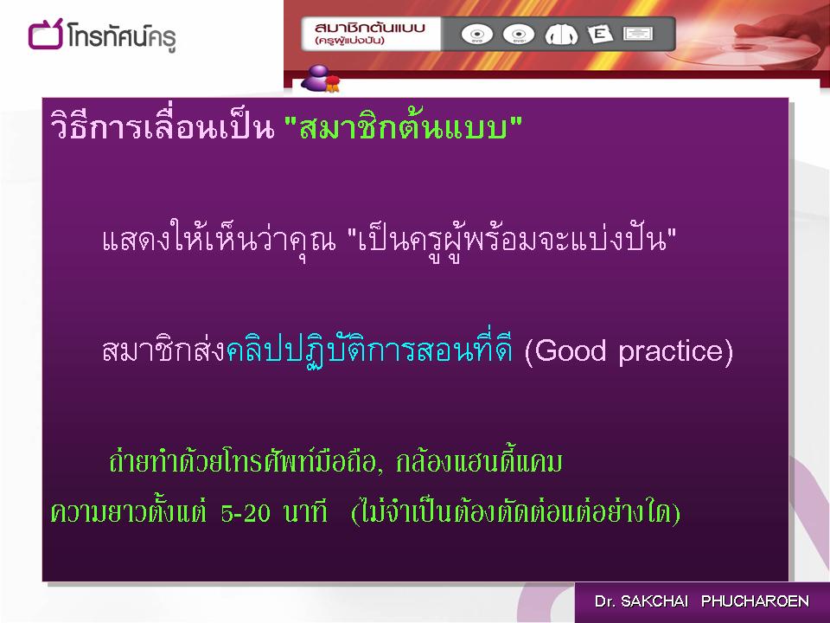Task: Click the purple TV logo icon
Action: (45, 35)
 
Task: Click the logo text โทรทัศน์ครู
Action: (121, 37)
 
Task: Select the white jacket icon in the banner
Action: (561, 35)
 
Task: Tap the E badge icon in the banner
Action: (600, 34)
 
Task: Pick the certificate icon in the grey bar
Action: (638, 34)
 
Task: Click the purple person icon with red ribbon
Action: (320, 79)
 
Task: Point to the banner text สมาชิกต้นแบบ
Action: (369, 28)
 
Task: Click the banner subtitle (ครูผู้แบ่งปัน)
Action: (349, 41)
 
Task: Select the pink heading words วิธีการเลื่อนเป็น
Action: (163, 126)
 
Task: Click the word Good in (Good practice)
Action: (570, 350)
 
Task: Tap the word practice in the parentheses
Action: (671, 352)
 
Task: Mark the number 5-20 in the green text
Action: (246, 513)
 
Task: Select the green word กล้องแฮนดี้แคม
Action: (479, 461)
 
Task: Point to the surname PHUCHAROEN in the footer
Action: (755, 601)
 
